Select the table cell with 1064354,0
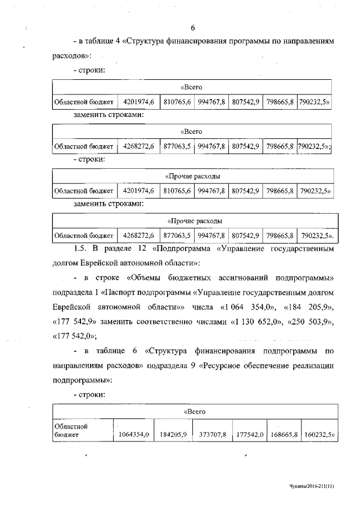tap(133, 434)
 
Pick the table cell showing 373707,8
tap(212, 434)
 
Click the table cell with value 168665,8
tap(283, 434)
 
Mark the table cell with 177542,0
tap(250, 434)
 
